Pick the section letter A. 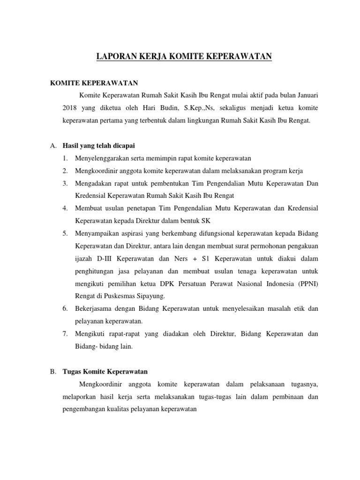pos(53,146)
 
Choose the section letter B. pos(53,372)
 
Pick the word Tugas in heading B pos(73,372)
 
